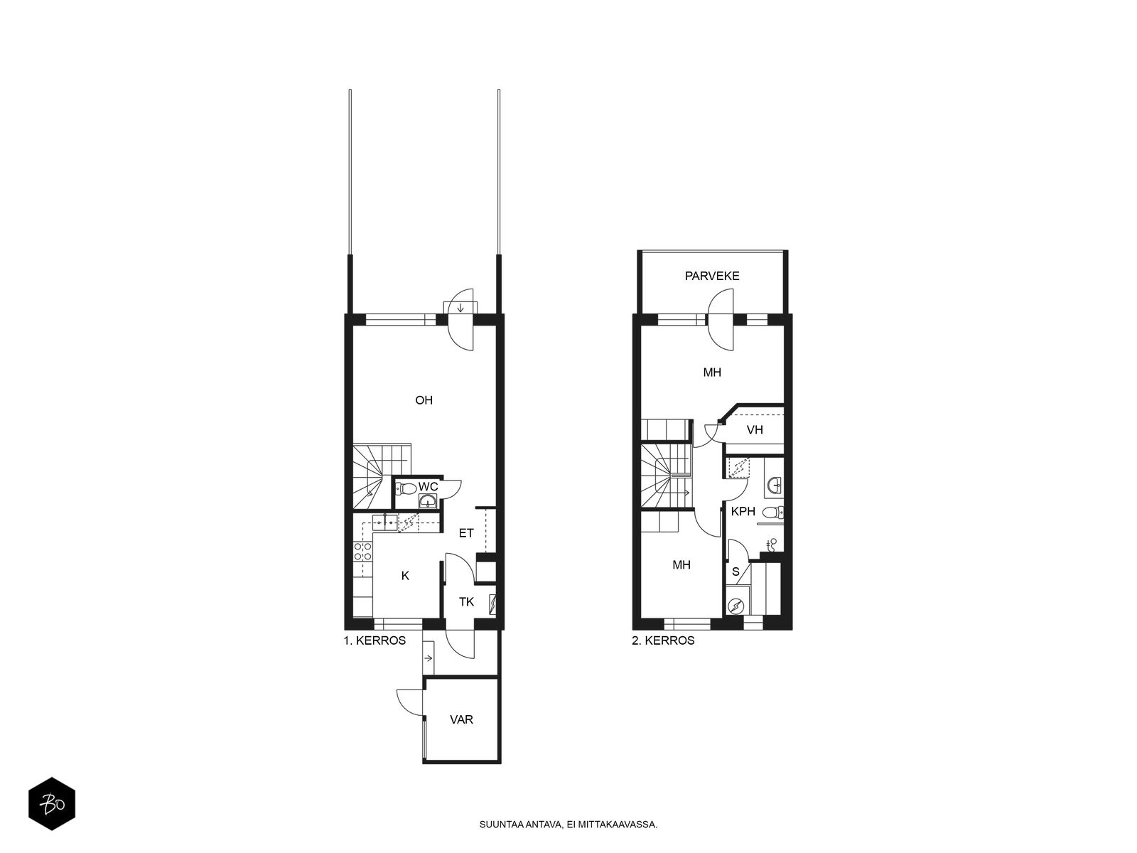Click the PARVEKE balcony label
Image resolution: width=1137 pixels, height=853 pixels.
pyautogui.click(x=712, y=276)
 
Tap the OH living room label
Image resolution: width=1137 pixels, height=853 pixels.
pyautogui.click(x=424, y=399)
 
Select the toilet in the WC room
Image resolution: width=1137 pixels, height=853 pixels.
pyautogui.click(x=406, y=488)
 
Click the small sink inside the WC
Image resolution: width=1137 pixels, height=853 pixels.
pyautogui.click(x=427, y=501)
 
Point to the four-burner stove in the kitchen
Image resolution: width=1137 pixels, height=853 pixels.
pyautogui.click(x=362, y=551)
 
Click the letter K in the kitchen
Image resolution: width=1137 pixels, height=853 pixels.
pyautogui.click(x=406, y=575)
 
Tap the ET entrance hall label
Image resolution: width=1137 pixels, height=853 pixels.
pyautogui.click(x=466, y=533)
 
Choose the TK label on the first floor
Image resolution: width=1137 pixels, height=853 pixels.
pyautogui.click(x=466, y=602)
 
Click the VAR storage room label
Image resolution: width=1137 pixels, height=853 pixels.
pyautogui.click(x=461, y=719)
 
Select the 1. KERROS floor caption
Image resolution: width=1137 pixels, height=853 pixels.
pyautogui.click(x=374, y=640)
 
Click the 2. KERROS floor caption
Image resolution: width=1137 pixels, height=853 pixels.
pyautogui.click(x=663, y=640)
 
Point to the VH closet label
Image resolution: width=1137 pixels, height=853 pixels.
pyautogui.click(x=755, y=429)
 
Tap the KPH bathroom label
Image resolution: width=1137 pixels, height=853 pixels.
pyautogui.click(x=743, y=512)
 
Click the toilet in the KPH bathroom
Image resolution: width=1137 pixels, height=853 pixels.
pyautogui.click(x=773, y=513)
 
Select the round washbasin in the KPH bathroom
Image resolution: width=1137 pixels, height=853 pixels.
pyautogui.click(x=775, y=485)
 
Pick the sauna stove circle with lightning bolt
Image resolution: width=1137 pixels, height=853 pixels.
pyautogui.click(x=735, y=605)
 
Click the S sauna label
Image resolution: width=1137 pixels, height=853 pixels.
pyautogui.click(x=735, y=572)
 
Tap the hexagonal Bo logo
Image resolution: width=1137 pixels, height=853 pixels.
pyautogui.click(x=52, y=804)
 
